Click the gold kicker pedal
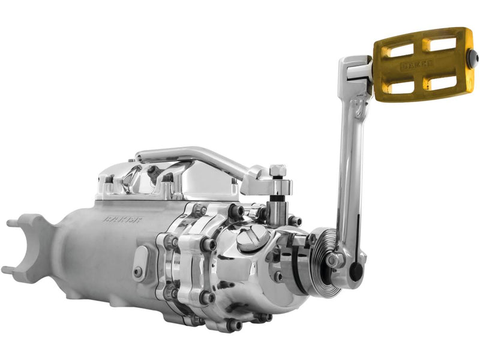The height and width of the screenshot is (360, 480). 422,64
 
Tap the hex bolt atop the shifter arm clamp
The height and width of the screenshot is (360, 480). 277,170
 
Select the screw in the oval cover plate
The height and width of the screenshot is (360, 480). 139,271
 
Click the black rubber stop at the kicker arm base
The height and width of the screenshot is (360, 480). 356,271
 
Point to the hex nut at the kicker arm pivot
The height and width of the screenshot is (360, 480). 334,260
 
